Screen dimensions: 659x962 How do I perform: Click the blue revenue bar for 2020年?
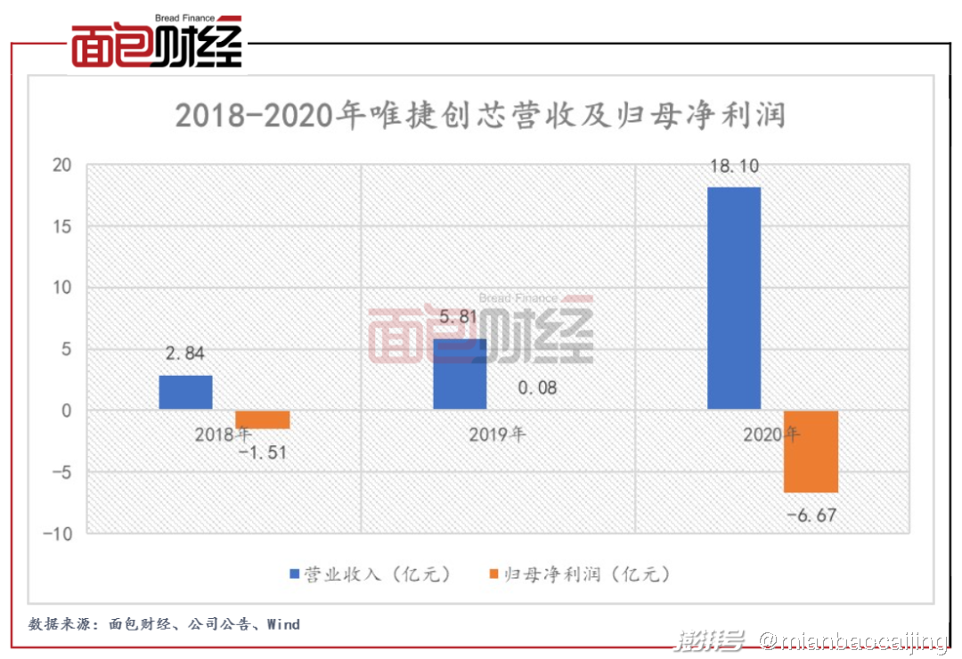(x=734, y=298)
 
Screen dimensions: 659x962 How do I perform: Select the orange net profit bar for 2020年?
(x=811, y=452)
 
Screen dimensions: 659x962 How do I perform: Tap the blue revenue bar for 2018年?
(x=185, y=393)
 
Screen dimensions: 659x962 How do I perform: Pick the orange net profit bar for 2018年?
(x=262, y=419)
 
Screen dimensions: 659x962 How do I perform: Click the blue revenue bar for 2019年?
(x=460, y=374)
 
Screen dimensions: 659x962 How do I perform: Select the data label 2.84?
(x=184, y=354)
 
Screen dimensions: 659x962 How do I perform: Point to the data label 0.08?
(x=536, y=387)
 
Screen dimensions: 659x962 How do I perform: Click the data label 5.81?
(x=459, y=317)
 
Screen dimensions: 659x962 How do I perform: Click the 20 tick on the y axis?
(x=61, y=165)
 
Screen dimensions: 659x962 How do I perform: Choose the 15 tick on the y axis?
(x=61, y=226)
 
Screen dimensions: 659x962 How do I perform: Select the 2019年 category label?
(x=497, y=435)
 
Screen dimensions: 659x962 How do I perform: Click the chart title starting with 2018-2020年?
(x=480, y=117)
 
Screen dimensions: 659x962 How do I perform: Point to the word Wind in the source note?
(x=283, y=624)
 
